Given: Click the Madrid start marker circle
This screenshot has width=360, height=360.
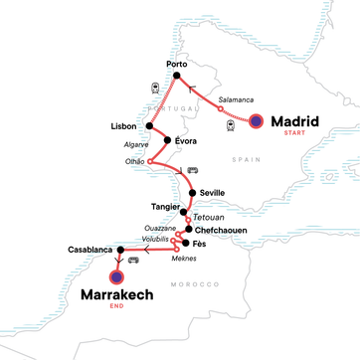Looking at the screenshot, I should (x=257, y=121).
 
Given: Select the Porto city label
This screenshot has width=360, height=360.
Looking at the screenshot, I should (x=177, y=65).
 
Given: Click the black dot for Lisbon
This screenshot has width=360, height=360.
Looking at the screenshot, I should (x=149, y=127).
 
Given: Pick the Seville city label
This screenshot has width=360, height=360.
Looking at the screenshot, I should (x=212, y=193).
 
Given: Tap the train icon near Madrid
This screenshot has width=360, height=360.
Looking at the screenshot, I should (x=231, y=125).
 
